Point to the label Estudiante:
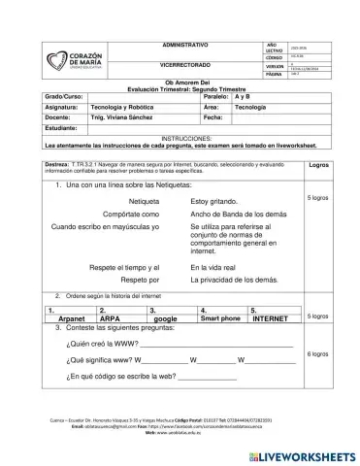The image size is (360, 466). tap(42, 126)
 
